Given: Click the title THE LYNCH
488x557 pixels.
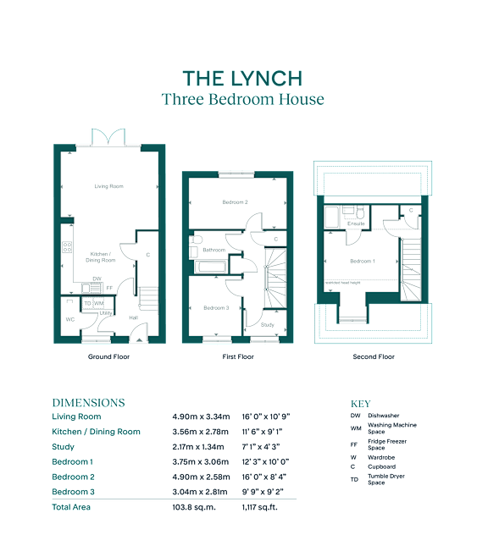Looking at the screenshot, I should tap(242, 79).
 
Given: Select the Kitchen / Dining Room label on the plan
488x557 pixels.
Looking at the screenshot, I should tap(103, 256).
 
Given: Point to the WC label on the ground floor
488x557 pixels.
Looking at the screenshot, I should tap(70, 319).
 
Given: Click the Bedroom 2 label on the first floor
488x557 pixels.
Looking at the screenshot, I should tap(235, 202).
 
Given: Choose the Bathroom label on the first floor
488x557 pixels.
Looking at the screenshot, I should tap(213, 250).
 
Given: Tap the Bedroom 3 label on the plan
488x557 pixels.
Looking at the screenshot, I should tap(216, 308).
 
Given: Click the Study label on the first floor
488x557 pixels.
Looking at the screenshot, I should tap(267, 324).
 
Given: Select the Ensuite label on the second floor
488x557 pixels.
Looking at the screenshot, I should tap(356, 223).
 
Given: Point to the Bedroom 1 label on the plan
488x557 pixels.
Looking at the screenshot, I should tap(363, 261).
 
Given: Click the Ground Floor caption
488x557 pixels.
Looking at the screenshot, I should tap(108, 357).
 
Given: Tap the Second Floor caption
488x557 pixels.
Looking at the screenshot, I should tap(374, 357).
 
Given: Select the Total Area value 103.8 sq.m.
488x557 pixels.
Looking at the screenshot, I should tap(193, 507).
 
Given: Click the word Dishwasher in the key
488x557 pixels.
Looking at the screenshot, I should tap(384, 416).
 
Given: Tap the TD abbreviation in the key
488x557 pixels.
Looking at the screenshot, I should tap(354, 480).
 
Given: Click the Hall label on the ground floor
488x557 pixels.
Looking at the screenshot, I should tap(133, 317).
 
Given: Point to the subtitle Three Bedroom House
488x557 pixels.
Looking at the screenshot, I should tap(242, 99).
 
